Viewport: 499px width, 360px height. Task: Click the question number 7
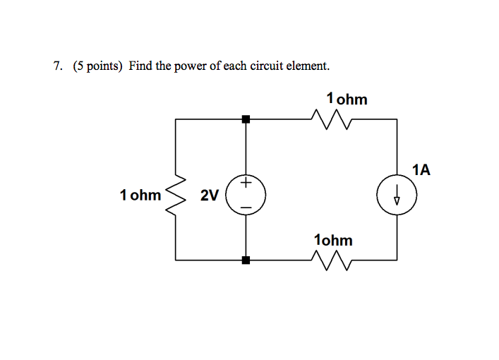(57, 66)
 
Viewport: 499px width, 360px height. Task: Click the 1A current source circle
(397, 195)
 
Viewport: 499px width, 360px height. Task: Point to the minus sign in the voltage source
(246, 206)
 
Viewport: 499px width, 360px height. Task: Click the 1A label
(421, 169)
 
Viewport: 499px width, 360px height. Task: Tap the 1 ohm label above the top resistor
(347, 99)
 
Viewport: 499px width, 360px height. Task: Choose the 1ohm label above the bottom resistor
(333, 240)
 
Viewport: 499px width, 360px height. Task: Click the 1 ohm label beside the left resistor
(140, 195)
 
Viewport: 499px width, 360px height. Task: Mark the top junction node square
(246, 119)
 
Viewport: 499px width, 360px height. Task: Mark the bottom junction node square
(246, 260)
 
